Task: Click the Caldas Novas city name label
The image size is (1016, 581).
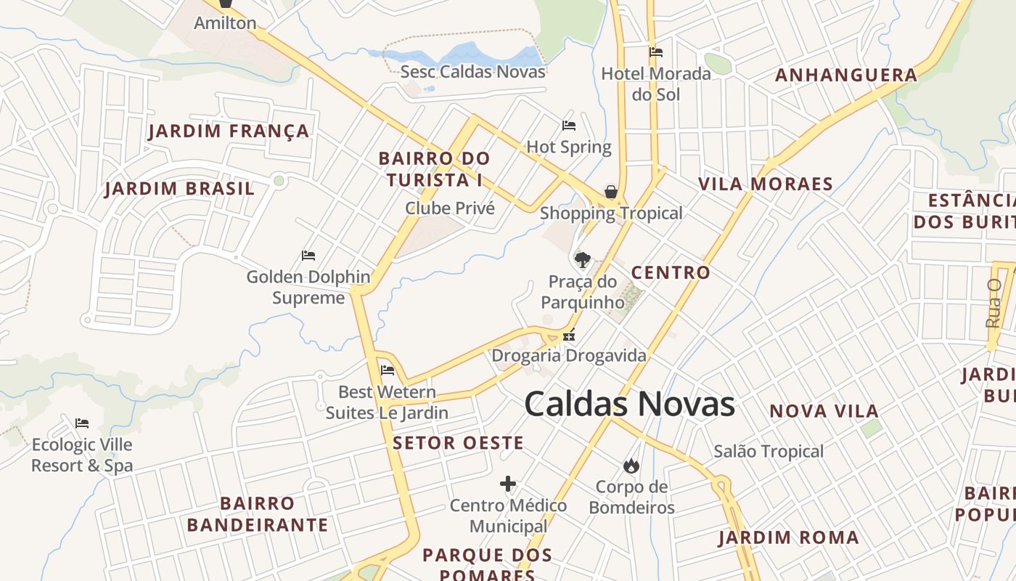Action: pos(629,404)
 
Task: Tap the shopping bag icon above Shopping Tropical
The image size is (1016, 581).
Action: pos(611,192)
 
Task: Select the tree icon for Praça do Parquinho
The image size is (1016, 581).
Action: pos(582,259)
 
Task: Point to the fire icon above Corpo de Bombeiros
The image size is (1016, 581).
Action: pos(631,466)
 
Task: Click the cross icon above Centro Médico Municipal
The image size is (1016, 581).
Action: pos(508,484)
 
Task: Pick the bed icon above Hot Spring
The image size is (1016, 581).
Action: pos(569,126)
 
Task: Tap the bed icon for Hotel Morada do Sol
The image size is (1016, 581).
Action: pos(656,52)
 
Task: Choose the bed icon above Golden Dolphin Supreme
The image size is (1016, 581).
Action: pos(308,256)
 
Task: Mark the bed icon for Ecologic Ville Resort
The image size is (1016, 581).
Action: pos(82,423)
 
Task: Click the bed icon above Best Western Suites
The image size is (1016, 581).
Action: pos(388,370)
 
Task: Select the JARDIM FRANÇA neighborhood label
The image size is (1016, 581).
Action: pos(229,131)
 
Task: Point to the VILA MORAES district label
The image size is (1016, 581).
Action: pos(765,184)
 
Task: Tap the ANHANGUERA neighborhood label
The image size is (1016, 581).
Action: pos(846,75)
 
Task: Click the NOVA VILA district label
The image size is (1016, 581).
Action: pos(824,411)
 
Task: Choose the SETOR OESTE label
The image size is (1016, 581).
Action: pos(458,443)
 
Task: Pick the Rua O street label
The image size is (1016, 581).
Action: pos(994,303)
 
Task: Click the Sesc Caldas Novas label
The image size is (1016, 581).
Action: pos(472,71)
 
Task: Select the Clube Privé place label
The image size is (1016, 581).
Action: pos(450,208)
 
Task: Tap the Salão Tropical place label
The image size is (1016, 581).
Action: pos(769,451)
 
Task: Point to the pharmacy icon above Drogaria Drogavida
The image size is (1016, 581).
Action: pos(569,336)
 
